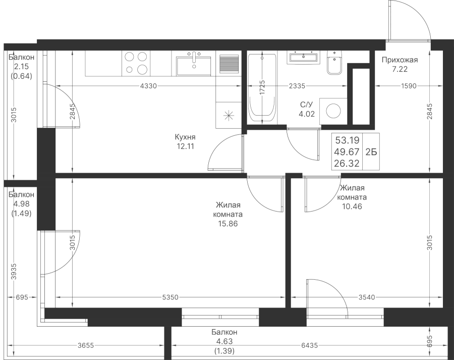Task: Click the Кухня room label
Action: pyautogui.click(x=185, y=137)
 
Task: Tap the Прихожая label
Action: pyautogui.click(x=400, y=60)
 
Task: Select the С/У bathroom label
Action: pyautogui.click(x=307, y=105)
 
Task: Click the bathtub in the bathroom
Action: pyautogui.click(x=262, y=88)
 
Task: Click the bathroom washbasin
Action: pyautogui.click(x=303, y=57)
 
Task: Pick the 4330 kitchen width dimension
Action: pyautogui.click(x=148, y=86)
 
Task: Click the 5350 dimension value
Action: pyautogui.click(x=170, y=297)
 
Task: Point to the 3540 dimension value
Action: pyautogui.click(x=367, y=297)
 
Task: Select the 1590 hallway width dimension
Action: pyautogui.click(x=409, y=86)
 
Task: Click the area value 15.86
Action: pyautogui.click(x=228, y=224)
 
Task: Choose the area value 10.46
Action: pyautogui.click(x=352, y=207)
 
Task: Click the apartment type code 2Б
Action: pyautogui.click(x=371, y=152)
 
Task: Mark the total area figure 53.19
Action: pyautogui.click(x=347, y=140)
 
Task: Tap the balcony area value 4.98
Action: pyautogui.click(x=21, y=204)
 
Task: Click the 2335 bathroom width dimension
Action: pyautogui.click(x=297, y=86)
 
